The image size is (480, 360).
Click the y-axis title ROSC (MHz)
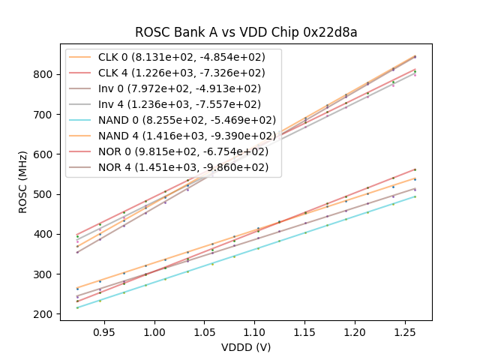click(x=24, y=180)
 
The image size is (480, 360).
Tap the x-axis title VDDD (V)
click(x=246, y=347)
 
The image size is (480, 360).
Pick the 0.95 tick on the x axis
click(x=104, y=331)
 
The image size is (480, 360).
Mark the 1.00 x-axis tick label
click(x=154, y=331)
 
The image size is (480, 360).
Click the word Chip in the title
click(x=297, y=32)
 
